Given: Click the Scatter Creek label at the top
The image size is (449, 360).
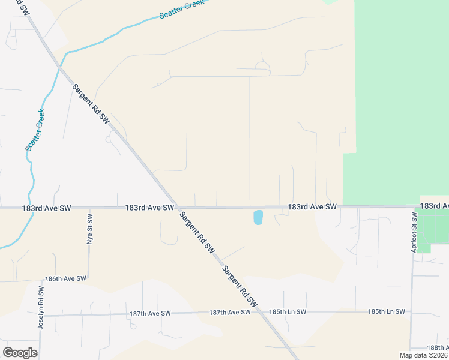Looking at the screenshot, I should [x=182, y=10].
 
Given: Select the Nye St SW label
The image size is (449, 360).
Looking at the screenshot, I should [x=90, y=228].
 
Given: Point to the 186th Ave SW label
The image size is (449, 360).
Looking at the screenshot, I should [x=66, y=279].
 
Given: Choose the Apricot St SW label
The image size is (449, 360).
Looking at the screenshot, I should [x=414, y=232].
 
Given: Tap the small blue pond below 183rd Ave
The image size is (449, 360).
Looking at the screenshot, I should [x=258, y=217].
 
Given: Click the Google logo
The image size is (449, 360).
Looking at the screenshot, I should [x=20, y=352].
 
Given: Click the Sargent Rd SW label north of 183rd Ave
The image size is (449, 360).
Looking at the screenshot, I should [x=91, y=104].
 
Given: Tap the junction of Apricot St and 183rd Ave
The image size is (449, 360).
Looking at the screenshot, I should [x=413, y=207].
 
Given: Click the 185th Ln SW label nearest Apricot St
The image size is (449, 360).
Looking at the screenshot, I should [x=387, y=311].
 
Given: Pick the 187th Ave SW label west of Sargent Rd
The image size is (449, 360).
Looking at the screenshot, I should [x=150, y=313].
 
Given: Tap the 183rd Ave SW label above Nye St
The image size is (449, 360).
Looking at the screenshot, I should [x=46, y=208].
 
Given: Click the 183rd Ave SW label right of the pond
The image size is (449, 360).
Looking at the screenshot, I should [x=312, y=206].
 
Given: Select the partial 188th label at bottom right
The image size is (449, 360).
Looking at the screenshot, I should [x=438, y=348].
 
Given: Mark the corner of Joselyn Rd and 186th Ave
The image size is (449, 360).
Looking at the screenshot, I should [x=41, y=280].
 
